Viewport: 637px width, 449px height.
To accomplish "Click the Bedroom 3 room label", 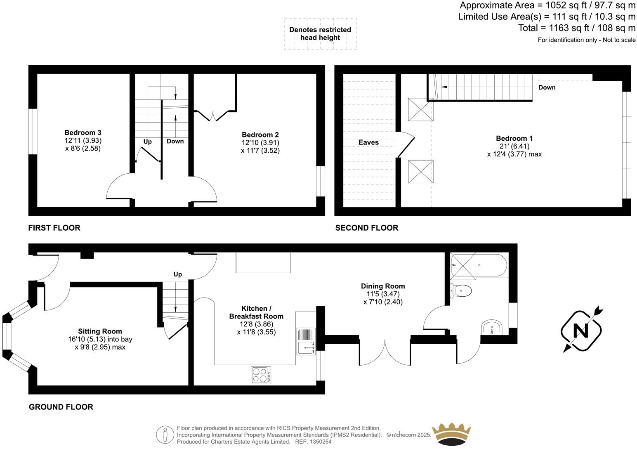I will click(x=83, y=132).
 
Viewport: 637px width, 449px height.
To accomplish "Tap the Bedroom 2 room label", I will click(x=260, y=135).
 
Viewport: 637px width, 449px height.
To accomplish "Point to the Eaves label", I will click(x=368, y=142).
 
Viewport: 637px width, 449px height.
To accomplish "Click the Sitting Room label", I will click(x=100, y=331).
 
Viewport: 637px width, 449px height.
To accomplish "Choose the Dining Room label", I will click(x=383, y=286).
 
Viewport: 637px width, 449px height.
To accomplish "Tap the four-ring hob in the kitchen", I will click(x=261, y=375).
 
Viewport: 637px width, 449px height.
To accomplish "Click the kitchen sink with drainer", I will click(x=306, y=341).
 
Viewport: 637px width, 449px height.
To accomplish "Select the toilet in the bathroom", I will click(x=461, y=291).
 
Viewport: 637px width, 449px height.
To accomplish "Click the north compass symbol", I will click(x=581, y=331).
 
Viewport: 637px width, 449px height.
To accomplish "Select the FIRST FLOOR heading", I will click(x=54, y=228).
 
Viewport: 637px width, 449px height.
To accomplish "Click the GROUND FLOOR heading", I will click(x=61, y=407).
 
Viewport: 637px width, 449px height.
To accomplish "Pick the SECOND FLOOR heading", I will click(x=366, y=228).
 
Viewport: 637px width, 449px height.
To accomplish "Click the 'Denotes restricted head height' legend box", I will click(x=320, y=34).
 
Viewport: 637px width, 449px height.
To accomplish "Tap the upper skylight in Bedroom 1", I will click(x=421, y=109).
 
